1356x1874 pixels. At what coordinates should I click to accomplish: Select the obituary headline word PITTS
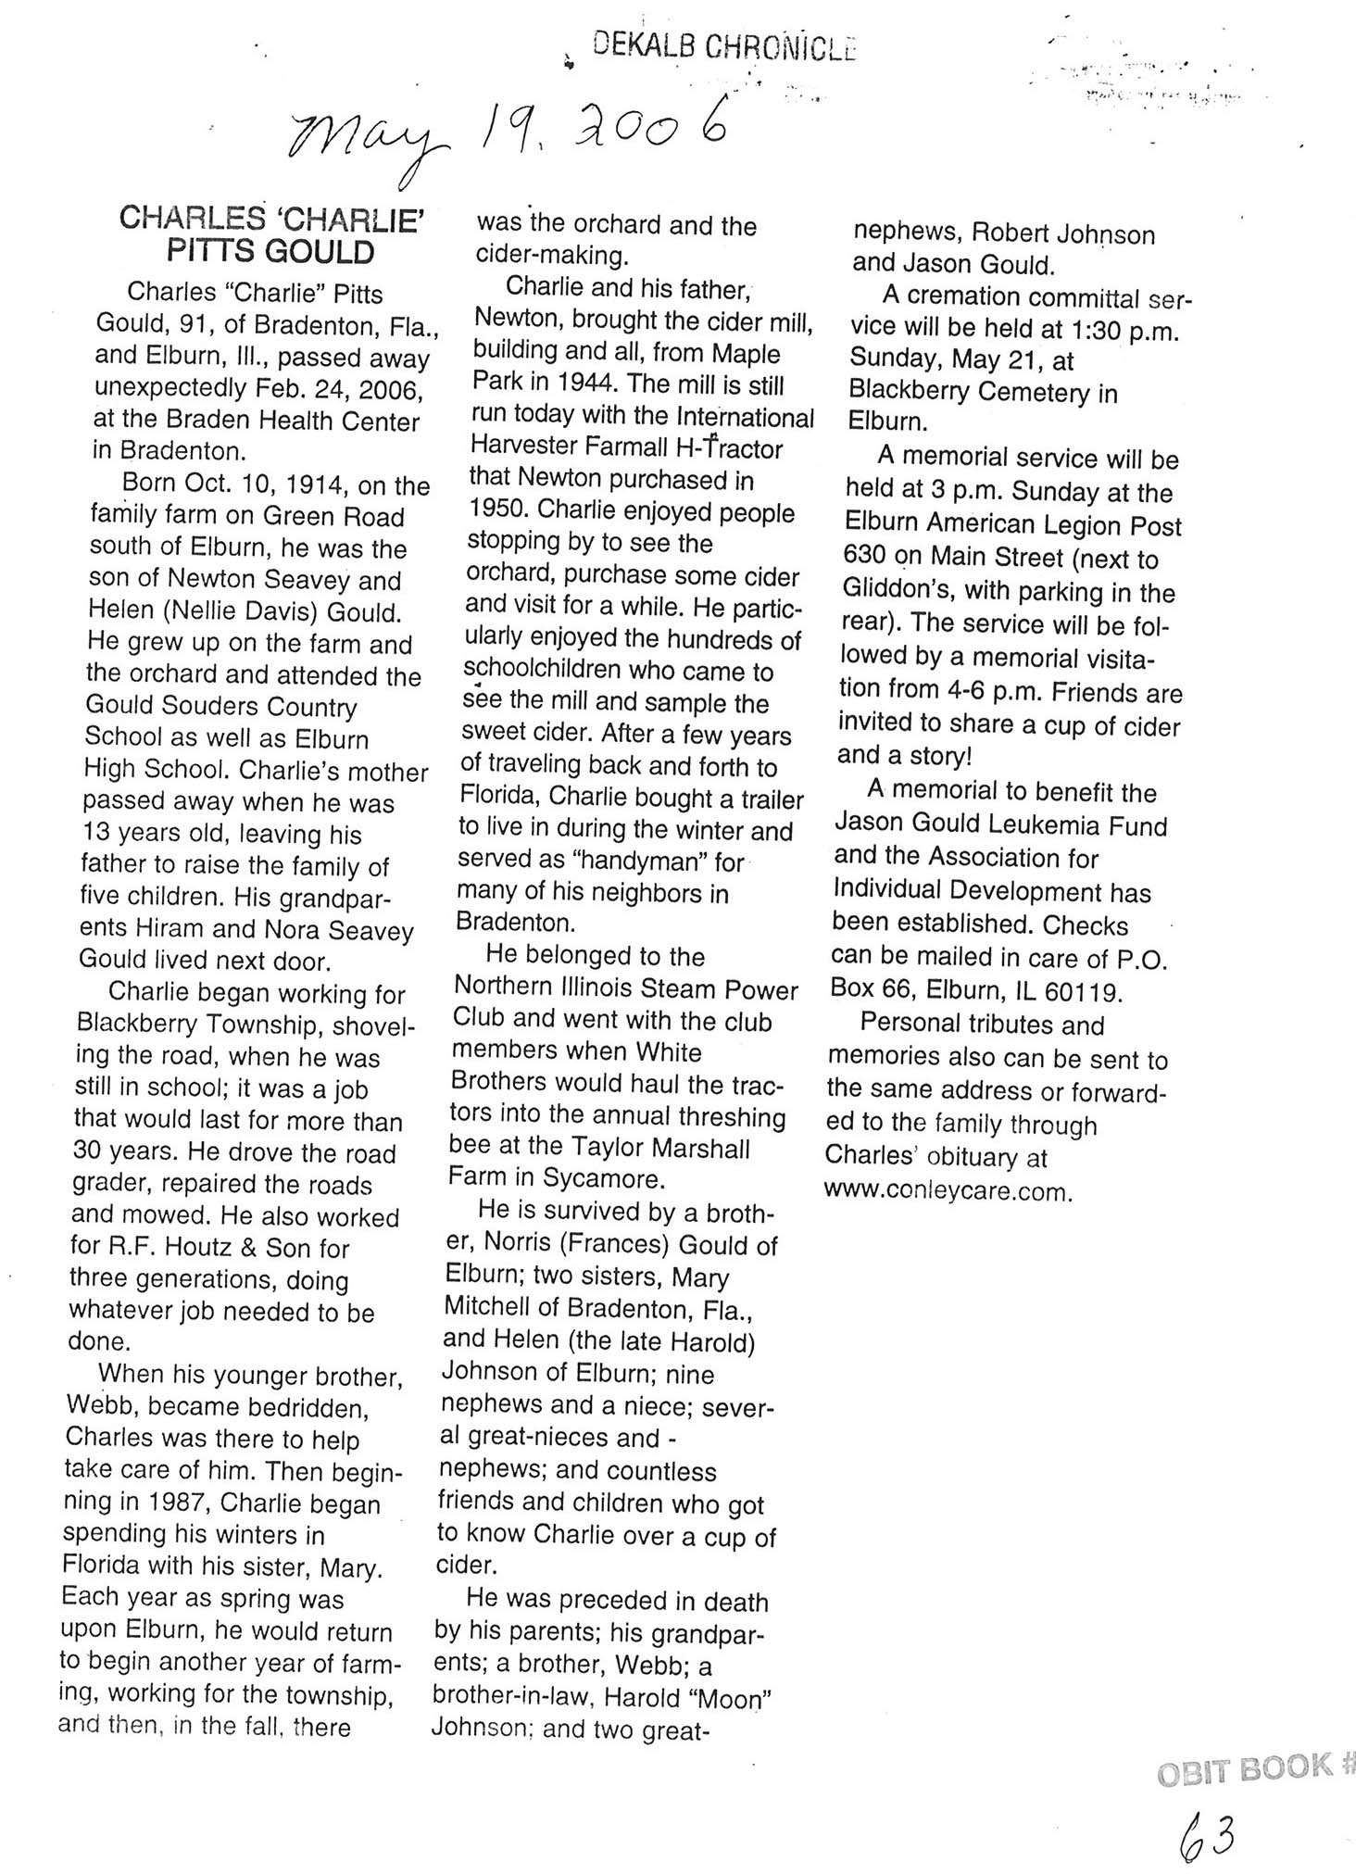coord(212,252)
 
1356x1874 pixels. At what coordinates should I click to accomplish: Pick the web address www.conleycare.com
coord(948,1190)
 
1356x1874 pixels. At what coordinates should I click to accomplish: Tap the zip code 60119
coord(1083,992)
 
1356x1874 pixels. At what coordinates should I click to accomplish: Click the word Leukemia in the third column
coord(1060,825)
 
